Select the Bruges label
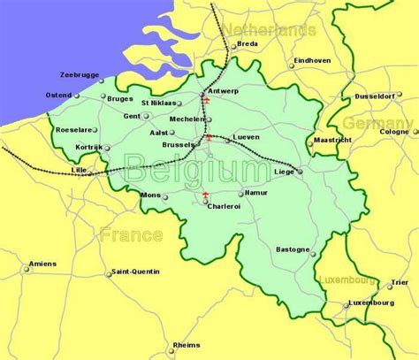pyautogui.click(x=119, y=99)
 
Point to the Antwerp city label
pyautogui.click(x=223, y=91)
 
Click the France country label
pyautogui.click(x=131, y=235)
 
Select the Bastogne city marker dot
pyautogui.click(x=313, y=252)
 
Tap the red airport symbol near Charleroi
pyautogui.click(x=205, y=195)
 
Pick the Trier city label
pyautogui.click(x=399, y=283)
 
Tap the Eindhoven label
pyautogui.click(x=311, y=60)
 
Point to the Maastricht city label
pyautogui.click(x=333, y=140)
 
